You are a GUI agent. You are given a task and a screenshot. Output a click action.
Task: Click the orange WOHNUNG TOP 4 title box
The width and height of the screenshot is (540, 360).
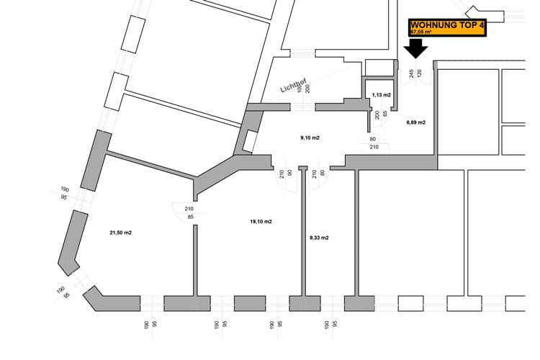[x=447, y=27]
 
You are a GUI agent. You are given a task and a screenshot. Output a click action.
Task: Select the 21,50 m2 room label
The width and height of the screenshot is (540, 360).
[x=120, y=233]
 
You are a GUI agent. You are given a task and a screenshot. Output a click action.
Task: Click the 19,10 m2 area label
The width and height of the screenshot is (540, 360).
[x=261, y=222]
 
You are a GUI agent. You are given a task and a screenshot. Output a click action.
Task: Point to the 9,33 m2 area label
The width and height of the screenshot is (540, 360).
[x=319, y=238]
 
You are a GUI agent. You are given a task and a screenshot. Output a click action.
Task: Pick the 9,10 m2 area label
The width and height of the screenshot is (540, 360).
[x=310, y=136]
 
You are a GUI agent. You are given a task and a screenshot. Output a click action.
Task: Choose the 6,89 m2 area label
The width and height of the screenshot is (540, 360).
[x=416, y=122]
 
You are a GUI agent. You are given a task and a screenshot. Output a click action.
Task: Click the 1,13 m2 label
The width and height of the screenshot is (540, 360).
[x=382, y=95]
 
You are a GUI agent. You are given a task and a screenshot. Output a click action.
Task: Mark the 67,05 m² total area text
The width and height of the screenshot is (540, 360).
[x=422, y=32]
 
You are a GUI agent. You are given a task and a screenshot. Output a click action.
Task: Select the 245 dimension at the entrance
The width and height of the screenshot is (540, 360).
[x=410, y=73]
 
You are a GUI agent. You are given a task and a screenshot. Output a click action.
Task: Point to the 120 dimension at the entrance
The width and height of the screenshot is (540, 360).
[x=418, y=73]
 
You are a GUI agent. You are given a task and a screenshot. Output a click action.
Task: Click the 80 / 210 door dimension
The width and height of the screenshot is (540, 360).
[x=374, y=143]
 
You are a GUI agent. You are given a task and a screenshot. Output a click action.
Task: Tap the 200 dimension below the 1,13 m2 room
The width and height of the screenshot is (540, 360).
[x=377, y=114]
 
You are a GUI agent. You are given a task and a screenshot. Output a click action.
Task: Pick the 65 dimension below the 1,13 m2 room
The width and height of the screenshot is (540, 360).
[x=385, y=114]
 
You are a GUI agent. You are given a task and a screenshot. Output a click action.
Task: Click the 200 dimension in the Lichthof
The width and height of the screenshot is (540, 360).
[x=307, y=89]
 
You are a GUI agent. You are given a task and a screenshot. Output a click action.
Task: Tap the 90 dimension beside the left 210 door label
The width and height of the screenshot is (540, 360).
[x=290, y=173]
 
